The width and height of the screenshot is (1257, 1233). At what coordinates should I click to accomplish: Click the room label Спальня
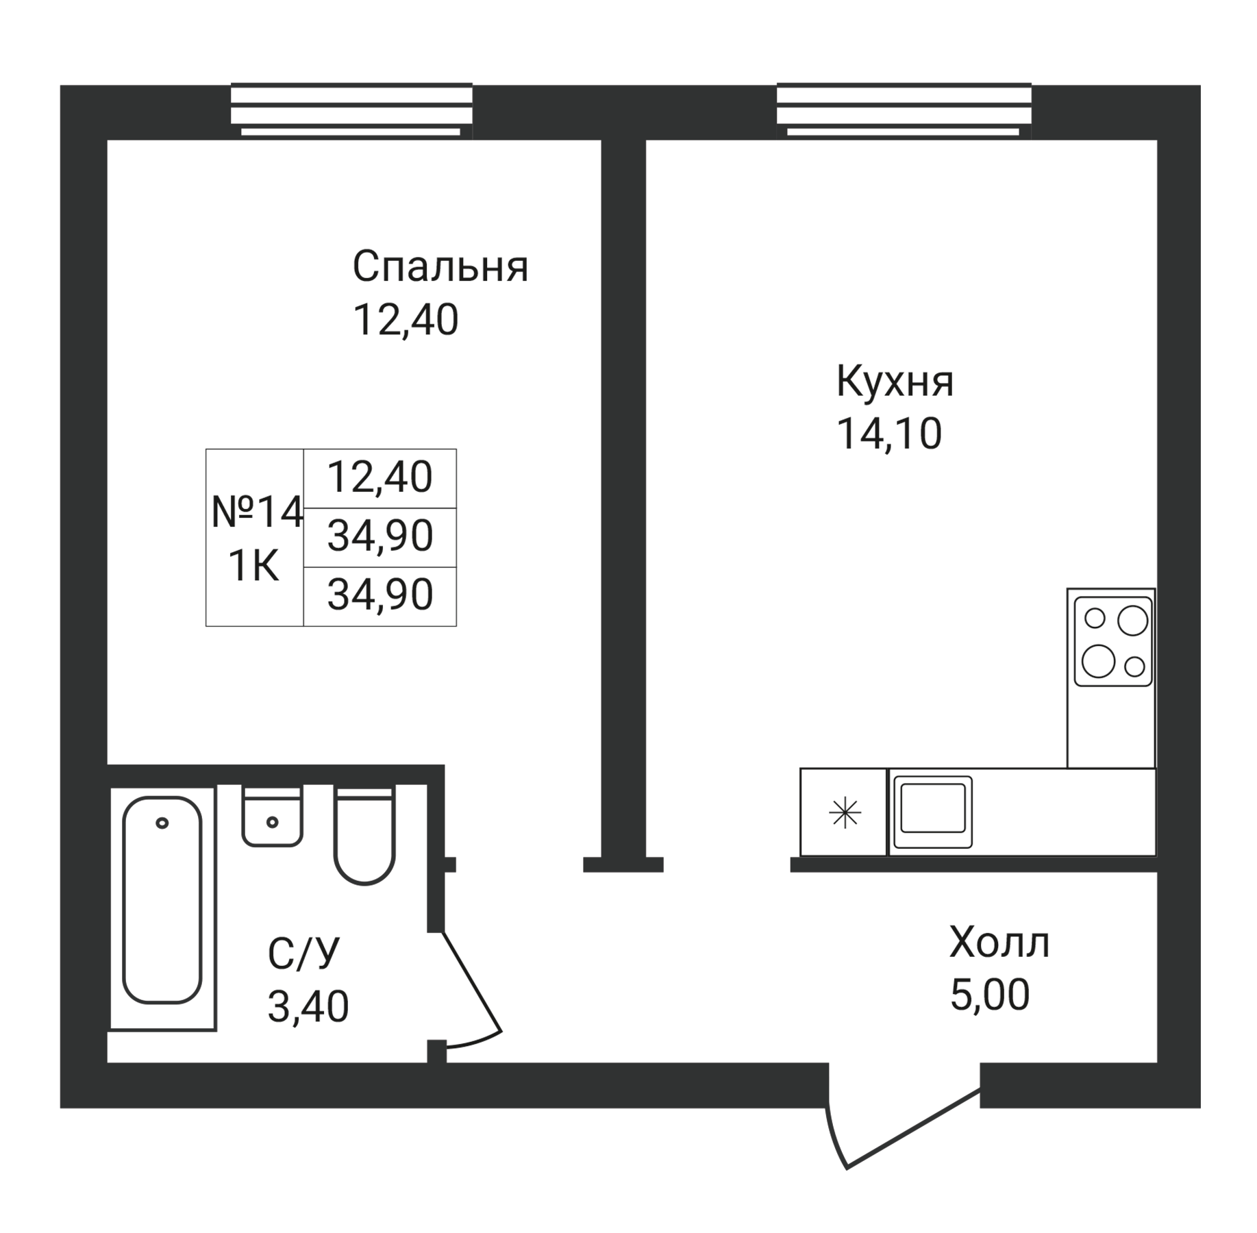pyautogui.click(x=440, y=267)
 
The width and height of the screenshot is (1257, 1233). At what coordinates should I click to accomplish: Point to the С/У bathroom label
pyautogui.click(x=303, y=954)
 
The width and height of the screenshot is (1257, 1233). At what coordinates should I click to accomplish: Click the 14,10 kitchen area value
pyautogui.click(x=889, y=434)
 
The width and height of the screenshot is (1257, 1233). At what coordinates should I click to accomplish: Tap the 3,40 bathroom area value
pyautogui.click(x=308, y=1007)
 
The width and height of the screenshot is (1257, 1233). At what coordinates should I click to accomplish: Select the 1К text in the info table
pyautogui.click(x=253, y=567)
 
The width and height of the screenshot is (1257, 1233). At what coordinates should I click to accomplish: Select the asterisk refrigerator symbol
pyautogui.click(x=845, y=814)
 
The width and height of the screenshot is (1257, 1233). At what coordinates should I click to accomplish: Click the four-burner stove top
pyautogui.click(x=1114, y=641)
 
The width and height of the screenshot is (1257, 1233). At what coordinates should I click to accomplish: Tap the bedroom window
pyautogui.click(x=351, y=110)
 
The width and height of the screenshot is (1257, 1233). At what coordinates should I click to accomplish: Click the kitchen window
pyautogui.click(x=904, y=110)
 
